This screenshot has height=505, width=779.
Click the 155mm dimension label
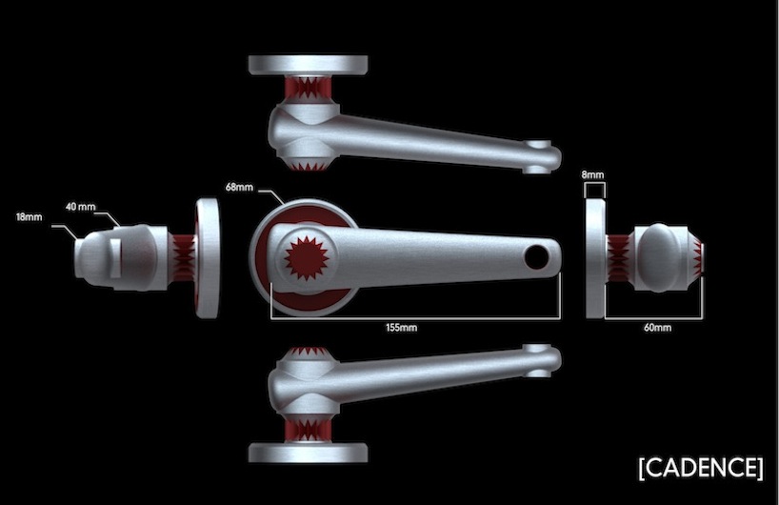[402, 328]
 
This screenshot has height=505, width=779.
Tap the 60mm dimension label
[657, 328]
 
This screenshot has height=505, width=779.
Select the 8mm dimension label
[592, 174]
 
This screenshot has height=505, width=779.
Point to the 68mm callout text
[239, 187]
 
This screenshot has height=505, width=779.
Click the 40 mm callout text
[81, 207]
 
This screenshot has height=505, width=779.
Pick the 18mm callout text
[29, 216]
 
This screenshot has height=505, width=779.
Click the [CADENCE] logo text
[701, 467]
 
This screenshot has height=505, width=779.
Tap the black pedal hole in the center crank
[536, 257]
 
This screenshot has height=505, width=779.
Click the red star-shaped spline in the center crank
[306, 258]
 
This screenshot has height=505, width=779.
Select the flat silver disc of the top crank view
[308, 65]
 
